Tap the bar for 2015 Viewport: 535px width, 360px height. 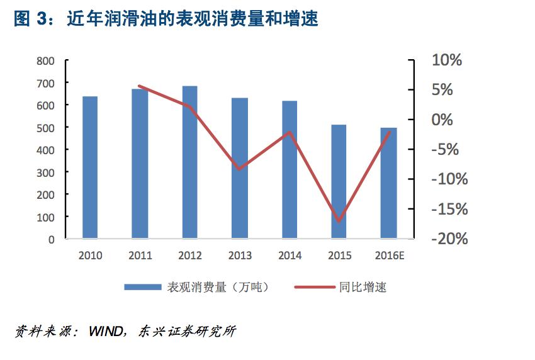tap(339, 182)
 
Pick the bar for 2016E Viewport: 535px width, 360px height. tap(389, 183)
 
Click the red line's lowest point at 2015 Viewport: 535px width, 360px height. tap(339, 222)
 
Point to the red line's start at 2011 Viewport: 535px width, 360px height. tap(140, 86)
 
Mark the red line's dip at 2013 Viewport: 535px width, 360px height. tap(240, 169)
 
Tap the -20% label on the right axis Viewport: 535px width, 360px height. tap(449, 239)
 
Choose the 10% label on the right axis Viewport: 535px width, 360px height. tap(446, 60)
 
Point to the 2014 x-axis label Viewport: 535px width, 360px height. tap(290, 256)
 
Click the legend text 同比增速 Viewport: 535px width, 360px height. tap(363, 288)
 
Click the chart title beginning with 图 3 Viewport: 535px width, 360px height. tap(166, 19)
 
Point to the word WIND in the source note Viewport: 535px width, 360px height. tap(107, 331)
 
